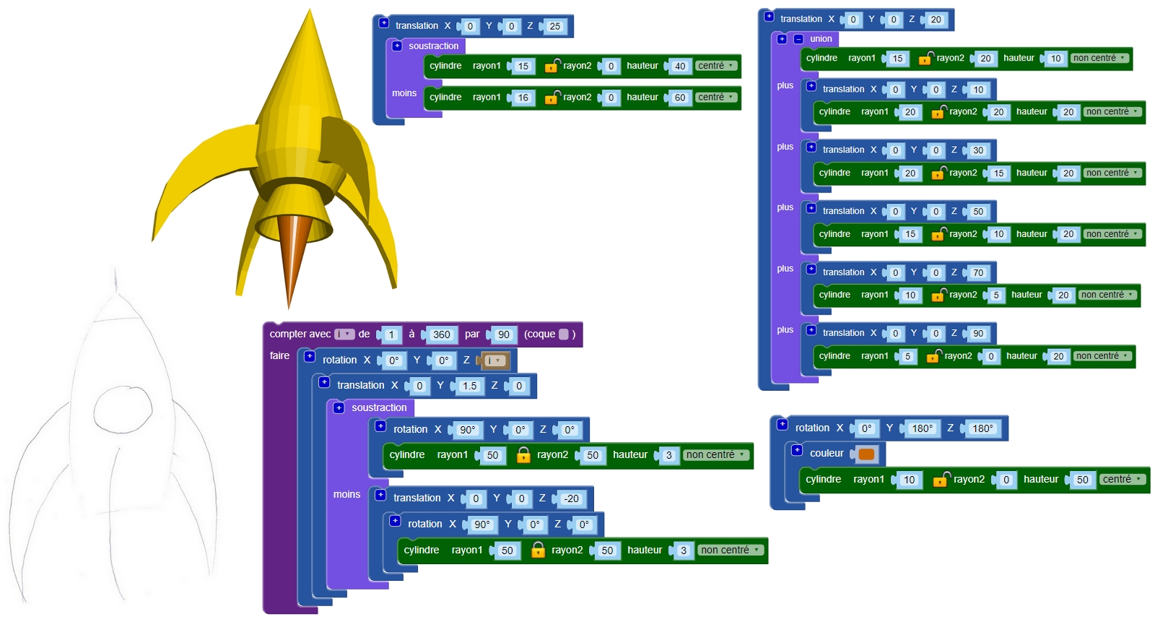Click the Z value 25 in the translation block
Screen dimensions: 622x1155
[554, 27]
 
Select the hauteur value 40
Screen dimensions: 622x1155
[679, 66]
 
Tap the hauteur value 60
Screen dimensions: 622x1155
[679, 98]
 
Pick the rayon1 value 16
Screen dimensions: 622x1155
[523, 98]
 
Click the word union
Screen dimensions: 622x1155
[821, 39]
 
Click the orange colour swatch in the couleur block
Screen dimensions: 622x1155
[866, 454]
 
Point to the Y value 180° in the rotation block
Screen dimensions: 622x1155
[922, 429]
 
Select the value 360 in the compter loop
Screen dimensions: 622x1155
[441, 335]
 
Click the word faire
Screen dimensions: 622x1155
[279, 356]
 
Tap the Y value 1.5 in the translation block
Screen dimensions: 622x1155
[469, 386]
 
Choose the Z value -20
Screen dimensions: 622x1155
[571, 499]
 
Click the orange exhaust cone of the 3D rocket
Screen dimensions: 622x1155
[290, 253]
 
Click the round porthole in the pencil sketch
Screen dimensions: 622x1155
[123, 409]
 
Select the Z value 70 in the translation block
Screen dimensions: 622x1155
[978, 273]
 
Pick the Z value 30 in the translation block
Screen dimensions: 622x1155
[978, 151]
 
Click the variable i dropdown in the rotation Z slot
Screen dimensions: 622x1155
[494, 360]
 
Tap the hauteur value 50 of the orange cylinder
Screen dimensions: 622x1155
[1082, 480]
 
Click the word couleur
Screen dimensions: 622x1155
[827, 454]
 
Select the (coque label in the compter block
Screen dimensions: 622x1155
[539, 334]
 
